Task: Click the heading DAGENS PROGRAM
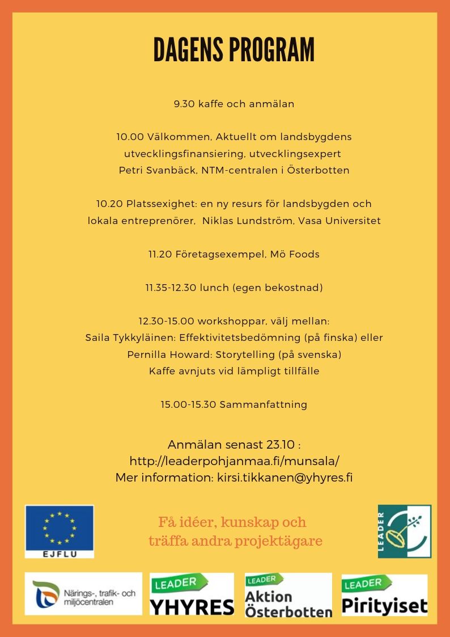[234, 50]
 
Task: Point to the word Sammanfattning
[263, 404]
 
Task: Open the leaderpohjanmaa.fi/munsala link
[234, 461]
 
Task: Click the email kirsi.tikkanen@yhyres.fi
[285, 477]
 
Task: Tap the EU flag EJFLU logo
[60, 531]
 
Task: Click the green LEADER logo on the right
[405, 531]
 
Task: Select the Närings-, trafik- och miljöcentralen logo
[83, 594]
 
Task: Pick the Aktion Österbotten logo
[288, 595]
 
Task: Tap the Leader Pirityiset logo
[384, 595]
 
